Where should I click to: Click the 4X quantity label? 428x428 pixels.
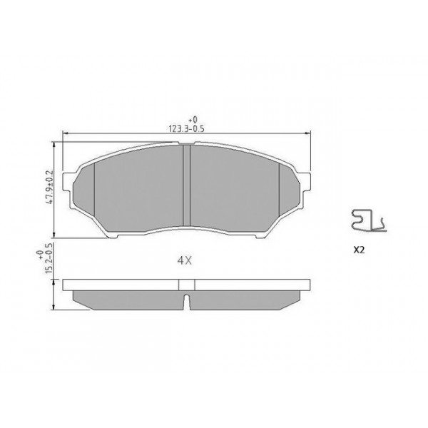(x=184, y=260)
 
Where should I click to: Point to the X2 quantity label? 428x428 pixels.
(x=358, y=251)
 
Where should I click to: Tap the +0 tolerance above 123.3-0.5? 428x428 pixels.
(x=191, y=120)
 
